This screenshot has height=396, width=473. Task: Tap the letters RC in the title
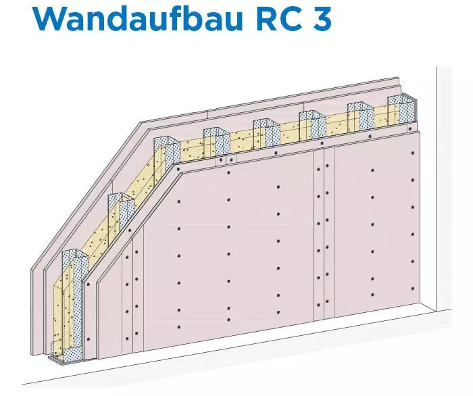(x=278, y=18)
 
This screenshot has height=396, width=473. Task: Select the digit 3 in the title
(x=322, y=18)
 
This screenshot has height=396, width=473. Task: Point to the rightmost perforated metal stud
(x=400, y=109)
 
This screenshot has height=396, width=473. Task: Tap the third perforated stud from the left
(x=166, y=154)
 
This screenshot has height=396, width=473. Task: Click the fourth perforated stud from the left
(x=216, y=143)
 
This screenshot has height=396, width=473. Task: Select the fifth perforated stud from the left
(x=266, y=132)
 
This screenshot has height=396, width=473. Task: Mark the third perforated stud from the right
(x=312, y=124)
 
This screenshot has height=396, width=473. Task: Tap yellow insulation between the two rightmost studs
(x=380, y=116)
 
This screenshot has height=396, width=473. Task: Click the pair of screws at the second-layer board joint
(x=226, y=159)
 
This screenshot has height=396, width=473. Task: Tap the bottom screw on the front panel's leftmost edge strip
(x=88, y=339)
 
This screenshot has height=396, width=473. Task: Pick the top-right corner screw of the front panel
(x=413, y=153)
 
